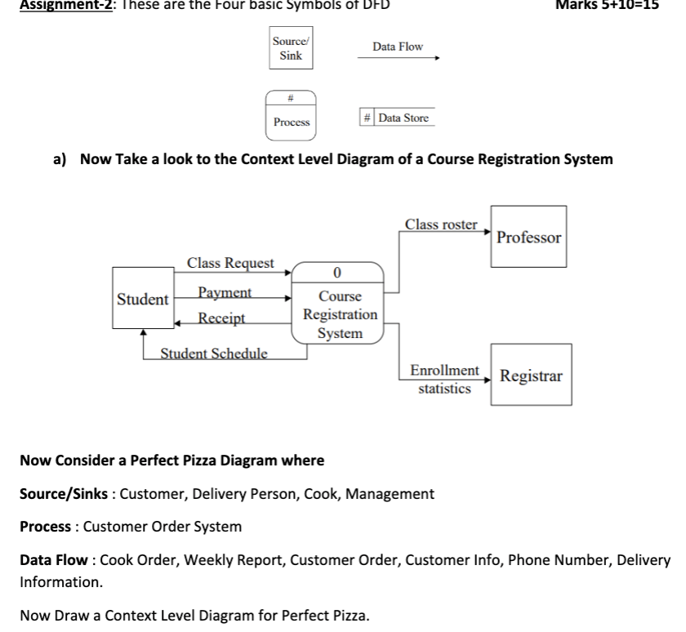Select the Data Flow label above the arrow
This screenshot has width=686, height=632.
[x=398, y=47]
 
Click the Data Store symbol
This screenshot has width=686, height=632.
[x=395, y=118]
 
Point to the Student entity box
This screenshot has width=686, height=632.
[x=142, y=299]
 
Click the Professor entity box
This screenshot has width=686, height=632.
[x=528, y=237]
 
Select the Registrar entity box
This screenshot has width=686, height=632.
[x=531, y=376]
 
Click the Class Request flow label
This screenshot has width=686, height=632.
[x=231, y=263]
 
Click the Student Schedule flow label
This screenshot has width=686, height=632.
[x=213, y=354]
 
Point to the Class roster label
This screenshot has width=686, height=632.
[x=441, y=224]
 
